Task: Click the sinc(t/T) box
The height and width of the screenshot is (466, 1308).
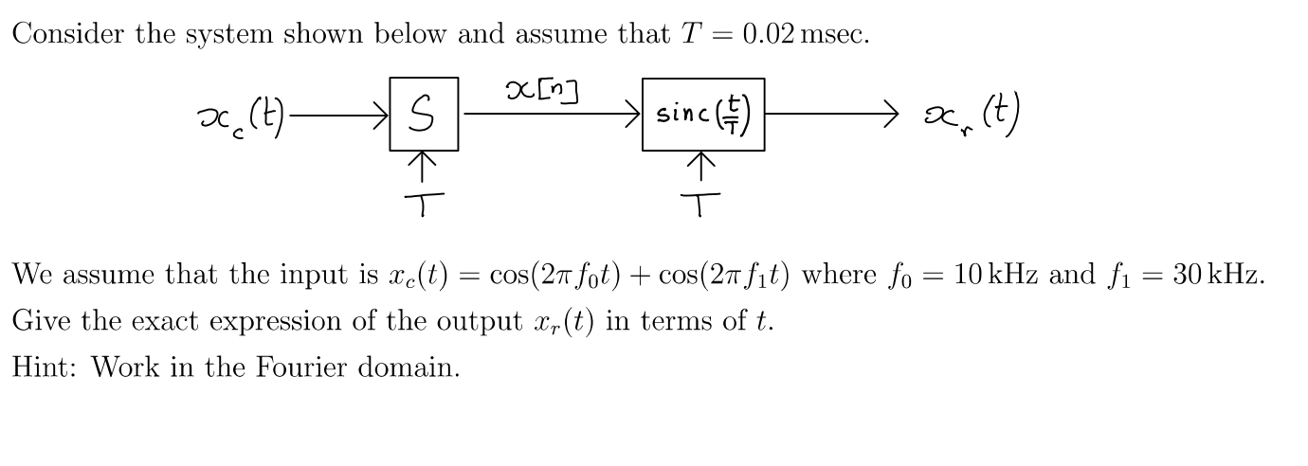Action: [x=702, y=115]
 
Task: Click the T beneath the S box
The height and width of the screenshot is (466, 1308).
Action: [x=424, y=203]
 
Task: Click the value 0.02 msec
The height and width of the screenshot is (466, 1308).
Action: [x=805, y=35]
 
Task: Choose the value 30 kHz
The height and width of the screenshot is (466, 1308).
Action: [x=1217, y=276]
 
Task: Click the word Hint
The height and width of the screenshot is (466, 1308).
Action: [x=44, y=367]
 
